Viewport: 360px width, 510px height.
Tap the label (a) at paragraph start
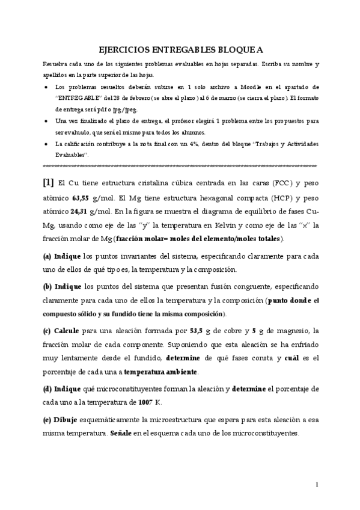[47, 255]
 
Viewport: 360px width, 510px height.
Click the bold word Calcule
[67, 330]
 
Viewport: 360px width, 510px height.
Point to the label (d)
[47, 388]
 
